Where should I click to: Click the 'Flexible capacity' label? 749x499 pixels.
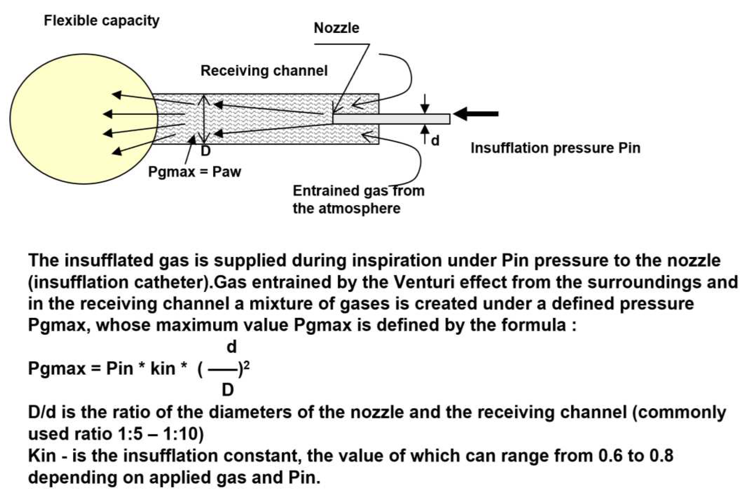(x=101, y=21)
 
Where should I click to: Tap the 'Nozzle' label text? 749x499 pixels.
(x=336, y=28)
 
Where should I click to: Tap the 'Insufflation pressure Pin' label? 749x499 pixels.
(x=555, y=148)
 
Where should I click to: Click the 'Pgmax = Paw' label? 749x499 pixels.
(x=195, y=172)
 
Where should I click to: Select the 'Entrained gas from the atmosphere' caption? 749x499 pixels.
(x=358, y=200)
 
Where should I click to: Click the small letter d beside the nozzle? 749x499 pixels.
(x=435, y=140)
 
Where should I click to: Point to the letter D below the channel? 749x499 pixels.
(x=206, y=151)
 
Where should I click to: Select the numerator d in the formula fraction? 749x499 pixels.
(x=232, y=347)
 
